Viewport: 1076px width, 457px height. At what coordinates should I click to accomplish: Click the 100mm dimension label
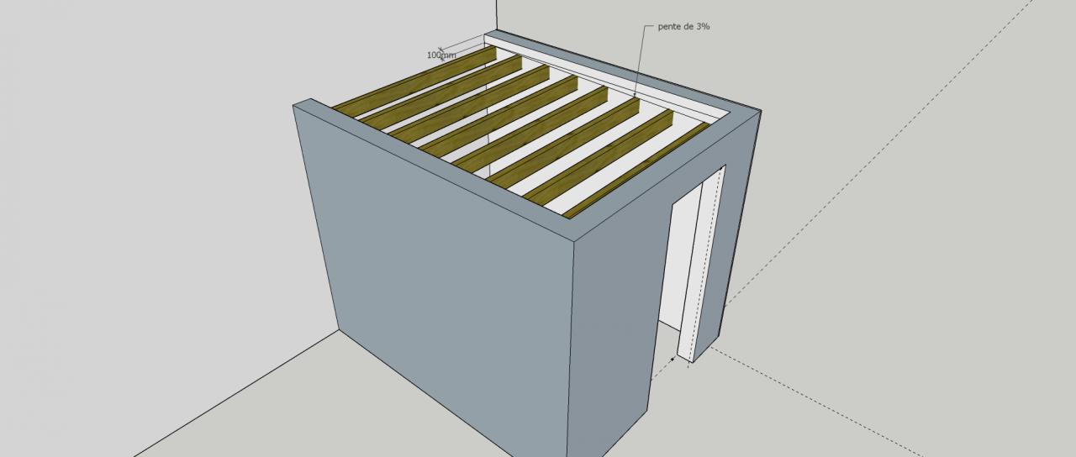pyautogui.click(x=441, y=55)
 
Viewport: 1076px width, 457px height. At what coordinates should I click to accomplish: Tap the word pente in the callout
pyautogui.click(x=669, y=27)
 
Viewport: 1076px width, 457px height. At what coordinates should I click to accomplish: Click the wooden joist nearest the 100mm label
pyautogui.click(x=414, y=81)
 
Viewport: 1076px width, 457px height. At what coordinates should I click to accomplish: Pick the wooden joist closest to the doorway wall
pyautogui.click(x=636, y=171)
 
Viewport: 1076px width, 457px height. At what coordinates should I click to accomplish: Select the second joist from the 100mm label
pyautogui.click(x=441, y=92)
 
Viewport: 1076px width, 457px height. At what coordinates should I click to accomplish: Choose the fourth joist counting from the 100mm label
pyautogui.click(x=498, y=116)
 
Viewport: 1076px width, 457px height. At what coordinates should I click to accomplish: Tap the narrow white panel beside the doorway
pyautogui.click(x=701, y=264)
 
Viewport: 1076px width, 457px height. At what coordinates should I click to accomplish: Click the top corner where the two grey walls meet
pyautogui.click(x=574, y=240)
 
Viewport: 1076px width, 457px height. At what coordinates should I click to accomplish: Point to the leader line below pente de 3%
pyautogui.click(x=641, y=59)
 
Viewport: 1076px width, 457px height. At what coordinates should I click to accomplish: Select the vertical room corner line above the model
pyautogui.click(x=497, y=15)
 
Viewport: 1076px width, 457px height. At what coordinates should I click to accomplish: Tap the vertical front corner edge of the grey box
pyautogui.click(x=571, y=348)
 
